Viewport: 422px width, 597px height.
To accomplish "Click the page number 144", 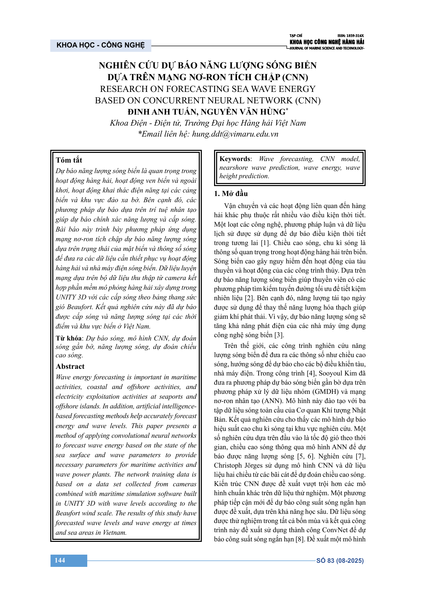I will click(60, 560).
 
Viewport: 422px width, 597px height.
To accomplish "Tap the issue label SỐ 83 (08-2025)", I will click(340, 560).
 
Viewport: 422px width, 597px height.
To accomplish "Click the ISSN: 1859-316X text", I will click(351, 36).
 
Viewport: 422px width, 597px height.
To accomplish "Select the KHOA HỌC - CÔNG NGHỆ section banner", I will click(101, 45).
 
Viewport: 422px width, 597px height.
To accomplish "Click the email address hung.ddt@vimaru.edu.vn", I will click(235, 134).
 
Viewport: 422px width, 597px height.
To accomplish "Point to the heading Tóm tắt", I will click(69, 160).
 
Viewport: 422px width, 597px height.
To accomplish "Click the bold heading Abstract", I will click(70, 366).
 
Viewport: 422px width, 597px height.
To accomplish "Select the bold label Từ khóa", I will click(69, 338).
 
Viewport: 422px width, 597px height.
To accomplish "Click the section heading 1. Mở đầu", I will click(231, 193).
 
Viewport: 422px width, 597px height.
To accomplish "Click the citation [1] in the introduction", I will click(265, 243).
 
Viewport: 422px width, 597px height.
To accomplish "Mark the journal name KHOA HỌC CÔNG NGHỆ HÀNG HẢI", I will click(327, 42).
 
